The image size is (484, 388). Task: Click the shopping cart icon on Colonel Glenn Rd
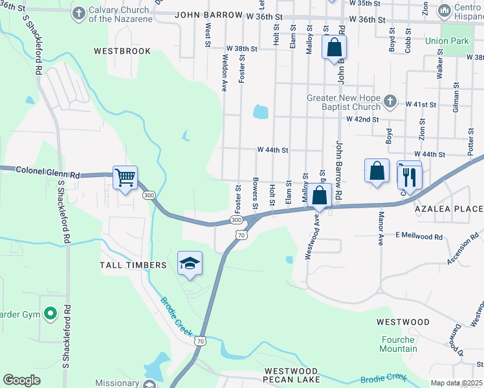[125, 177]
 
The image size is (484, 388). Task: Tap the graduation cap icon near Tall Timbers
[190, 263]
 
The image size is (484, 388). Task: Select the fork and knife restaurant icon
[410, 175]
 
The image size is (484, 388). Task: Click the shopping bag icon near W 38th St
[334, 47]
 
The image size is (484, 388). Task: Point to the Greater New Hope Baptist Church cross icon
[390, 101]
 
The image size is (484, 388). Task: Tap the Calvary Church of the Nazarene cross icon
[79, 13]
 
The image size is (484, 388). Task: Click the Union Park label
[446, 41]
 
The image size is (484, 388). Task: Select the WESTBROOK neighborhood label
[122, 51]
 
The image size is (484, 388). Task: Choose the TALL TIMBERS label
[133, 265]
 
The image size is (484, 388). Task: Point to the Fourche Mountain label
[399, 344]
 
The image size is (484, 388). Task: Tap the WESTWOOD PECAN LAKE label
[292, 375]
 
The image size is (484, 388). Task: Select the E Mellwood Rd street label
[419, 237]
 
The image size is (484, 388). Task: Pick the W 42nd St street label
[362, 119]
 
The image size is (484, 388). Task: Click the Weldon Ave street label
[225, 76]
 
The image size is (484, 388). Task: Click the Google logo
[22, 380]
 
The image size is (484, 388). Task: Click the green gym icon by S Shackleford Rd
[50, 314]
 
